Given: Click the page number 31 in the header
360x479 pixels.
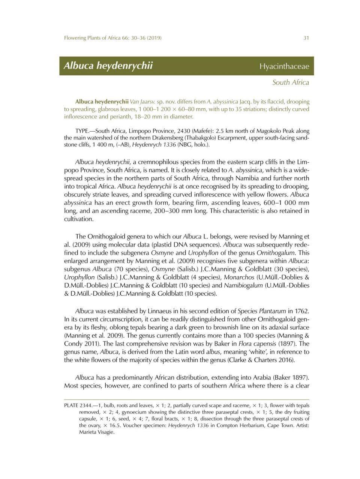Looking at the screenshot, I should pyautogui.click(x=306, y=38).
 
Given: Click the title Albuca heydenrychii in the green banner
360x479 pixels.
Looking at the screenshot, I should pyautogui.click(x=108, y=66).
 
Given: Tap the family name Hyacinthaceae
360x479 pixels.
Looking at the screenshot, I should pyautogui.click(x=284, y=66).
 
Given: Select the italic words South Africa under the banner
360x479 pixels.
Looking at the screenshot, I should pyautogui.click(x=291, y=82).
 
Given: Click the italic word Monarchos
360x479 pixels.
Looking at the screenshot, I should pyautogui.click(x=239, y=277).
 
